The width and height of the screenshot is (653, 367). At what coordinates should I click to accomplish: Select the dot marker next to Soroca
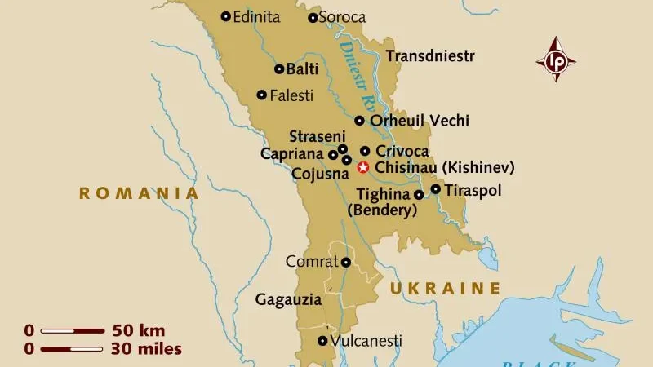tap(313, 17)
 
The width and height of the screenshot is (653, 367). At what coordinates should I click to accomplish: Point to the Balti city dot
tap(279, 69)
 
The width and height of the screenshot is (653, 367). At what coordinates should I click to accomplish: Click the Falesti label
tap(291, 95)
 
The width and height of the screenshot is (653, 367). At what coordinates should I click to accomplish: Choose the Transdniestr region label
tap(430, 56)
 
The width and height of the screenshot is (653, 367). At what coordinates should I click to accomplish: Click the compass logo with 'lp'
tap(556, 60)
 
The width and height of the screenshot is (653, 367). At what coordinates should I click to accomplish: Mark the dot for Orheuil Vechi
tap(359, 121)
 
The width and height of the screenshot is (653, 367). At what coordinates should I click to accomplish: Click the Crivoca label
tap(402, 151)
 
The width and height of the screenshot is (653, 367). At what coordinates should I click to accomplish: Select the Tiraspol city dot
tap(436, 189)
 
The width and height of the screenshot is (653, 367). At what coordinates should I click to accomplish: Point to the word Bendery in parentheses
tap(382, 210)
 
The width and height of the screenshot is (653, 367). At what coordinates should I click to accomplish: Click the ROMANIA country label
tap(139, 193)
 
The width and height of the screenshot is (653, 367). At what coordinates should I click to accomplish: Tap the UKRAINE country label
tap(444, 288)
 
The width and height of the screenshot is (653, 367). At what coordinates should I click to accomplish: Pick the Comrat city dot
tap(346, 262)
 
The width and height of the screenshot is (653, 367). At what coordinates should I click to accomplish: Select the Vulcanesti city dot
tap(322, 341)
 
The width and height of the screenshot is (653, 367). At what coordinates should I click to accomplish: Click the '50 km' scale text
tap(139, 331)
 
